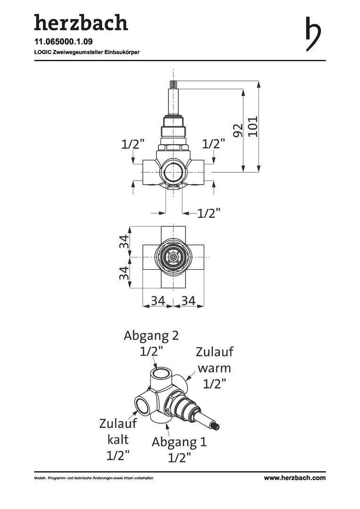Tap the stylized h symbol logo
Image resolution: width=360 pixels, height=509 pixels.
click(x=313, y=34)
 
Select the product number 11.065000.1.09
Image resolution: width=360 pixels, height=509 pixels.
click(x=63, y=41)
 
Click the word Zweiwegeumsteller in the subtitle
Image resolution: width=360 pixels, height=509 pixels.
click(x=78, y=52)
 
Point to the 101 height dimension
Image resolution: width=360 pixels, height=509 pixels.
click(x=253, y=126)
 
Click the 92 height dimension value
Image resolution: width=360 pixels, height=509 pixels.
click(x=238, y=130)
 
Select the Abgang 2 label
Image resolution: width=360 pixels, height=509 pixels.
click(x=151, y=335)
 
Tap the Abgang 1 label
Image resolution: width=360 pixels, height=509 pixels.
click(x=179, y=442)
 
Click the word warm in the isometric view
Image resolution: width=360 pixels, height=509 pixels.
click(x=214, y=368)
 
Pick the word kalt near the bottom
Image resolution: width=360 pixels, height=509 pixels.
click(x=118, y=439)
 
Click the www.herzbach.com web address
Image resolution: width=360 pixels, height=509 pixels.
click(x=295, y=477)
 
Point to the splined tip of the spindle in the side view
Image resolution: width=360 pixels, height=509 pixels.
click(x=173, y=84)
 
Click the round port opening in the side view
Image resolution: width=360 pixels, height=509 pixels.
click(x=174, y=171)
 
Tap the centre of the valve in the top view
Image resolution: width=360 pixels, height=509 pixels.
click(x=174, y=257)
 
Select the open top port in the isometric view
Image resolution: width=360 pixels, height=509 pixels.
click(x=162, y=372)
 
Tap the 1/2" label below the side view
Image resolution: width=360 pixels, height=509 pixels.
click(x=209, y=213)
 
